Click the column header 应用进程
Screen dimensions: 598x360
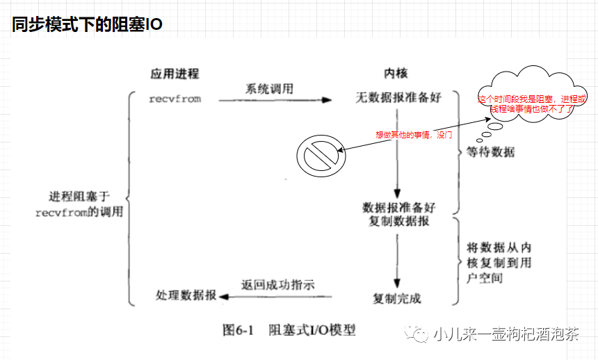click(175, 74)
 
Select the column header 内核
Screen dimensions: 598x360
click(396, 74)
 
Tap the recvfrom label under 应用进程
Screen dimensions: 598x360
click(175, 99)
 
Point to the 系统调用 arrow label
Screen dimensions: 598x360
click(269, 89)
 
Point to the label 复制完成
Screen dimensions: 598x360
click(397, 299)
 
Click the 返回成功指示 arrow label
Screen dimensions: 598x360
click(277, 285)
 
